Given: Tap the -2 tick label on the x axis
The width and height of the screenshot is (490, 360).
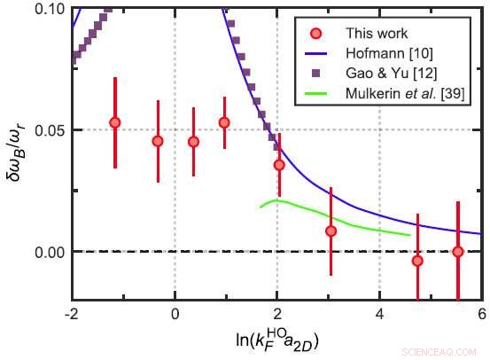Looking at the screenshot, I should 72,314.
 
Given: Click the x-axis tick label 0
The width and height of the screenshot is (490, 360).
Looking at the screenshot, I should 175,314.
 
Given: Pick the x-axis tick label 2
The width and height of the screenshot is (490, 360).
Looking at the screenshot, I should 277,314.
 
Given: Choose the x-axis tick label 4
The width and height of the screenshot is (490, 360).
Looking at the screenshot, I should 379,314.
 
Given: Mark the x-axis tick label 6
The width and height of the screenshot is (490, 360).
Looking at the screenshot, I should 481,314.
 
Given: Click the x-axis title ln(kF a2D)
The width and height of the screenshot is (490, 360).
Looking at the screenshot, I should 276,339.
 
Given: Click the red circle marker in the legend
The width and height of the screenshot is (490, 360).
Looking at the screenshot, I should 321,34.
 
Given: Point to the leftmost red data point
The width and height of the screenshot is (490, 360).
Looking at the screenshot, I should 114,123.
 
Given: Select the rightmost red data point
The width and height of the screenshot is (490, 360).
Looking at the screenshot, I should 458,252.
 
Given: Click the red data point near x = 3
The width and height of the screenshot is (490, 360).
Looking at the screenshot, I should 331,231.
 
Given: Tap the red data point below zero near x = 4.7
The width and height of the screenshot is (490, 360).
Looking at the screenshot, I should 417,261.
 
